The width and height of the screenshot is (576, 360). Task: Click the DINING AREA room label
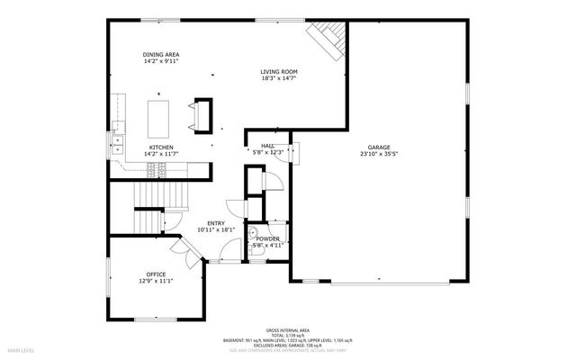click(x=159, y=55)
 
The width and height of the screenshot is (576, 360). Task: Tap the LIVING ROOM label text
click(x=279, y=72)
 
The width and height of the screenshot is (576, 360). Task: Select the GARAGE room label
click(x=379, y=148)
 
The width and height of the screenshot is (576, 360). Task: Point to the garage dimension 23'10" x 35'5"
click(x=379, y=154)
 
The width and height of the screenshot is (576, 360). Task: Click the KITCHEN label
click(x=161, y=147)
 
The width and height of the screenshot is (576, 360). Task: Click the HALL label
click(x=268, y=146)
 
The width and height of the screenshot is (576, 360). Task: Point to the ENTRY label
click(x=216, y=223)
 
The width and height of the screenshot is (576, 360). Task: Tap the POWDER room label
click(x=267, y=238)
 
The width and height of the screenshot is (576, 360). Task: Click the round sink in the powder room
click(x=254, y=231)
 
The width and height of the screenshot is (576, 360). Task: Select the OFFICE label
click(x=156, y=274)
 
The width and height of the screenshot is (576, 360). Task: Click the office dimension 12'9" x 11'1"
click(x=156, y=281)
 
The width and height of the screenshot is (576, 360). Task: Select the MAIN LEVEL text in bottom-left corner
click(x=21, y=349)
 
